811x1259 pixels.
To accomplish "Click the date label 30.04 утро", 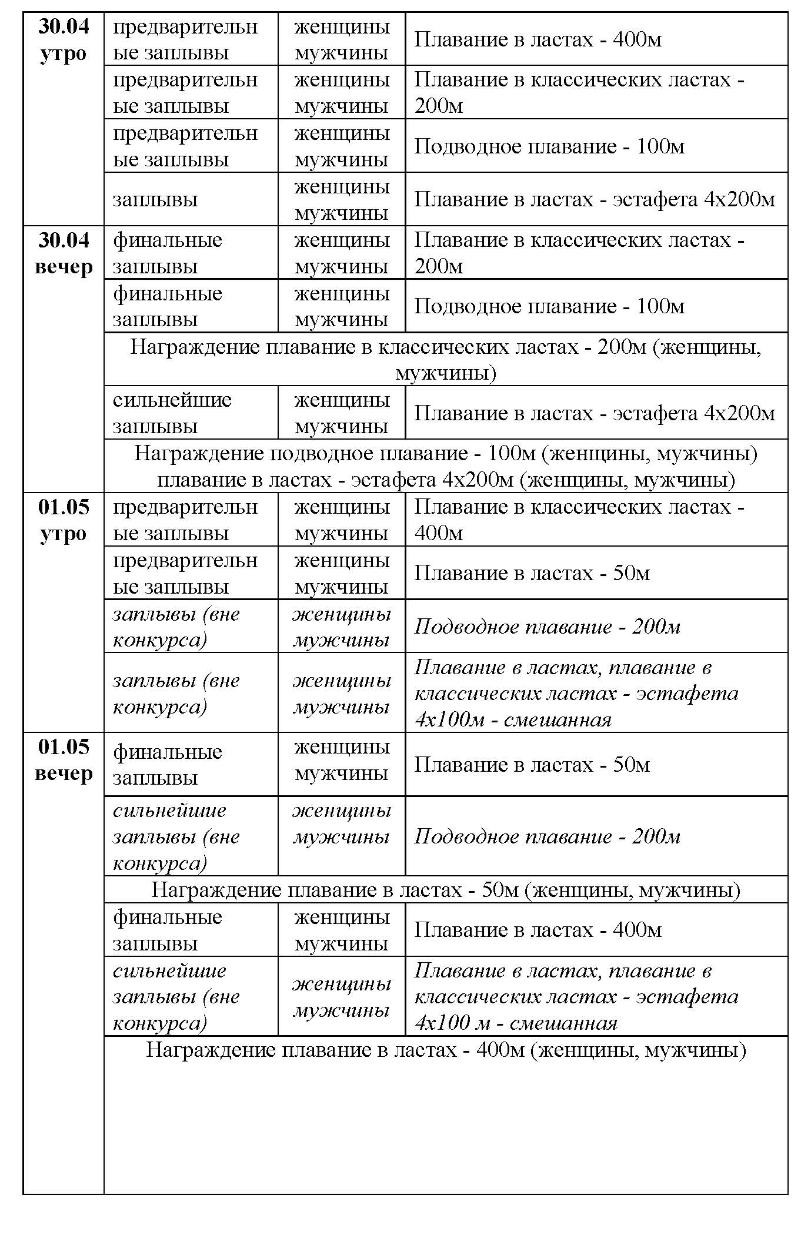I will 64,40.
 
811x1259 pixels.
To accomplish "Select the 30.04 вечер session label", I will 64,253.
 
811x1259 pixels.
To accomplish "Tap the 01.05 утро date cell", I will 64,520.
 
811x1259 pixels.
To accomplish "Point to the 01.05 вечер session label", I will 64,760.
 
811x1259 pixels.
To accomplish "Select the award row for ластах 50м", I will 445,890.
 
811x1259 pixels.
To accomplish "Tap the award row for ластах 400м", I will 445,1050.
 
